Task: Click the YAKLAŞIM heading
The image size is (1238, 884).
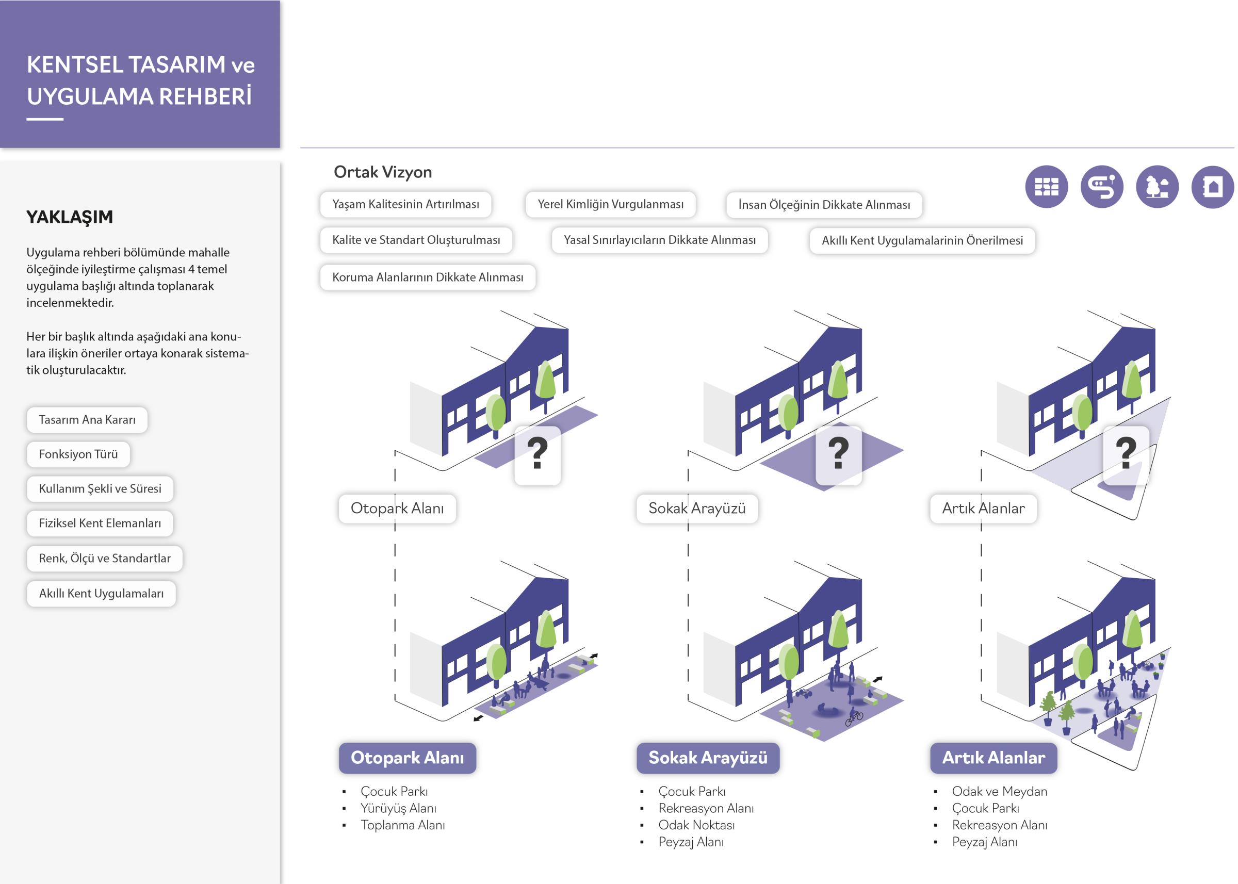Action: [x=70, y=217]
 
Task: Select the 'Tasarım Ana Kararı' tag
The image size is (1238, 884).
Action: [x=87, y=420]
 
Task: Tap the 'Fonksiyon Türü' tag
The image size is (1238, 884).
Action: [x=78, y=454]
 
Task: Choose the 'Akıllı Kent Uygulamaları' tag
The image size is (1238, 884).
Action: [x=101, y=593]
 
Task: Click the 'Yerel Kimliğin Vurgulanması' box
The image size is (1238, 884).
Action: [x=610, y=204]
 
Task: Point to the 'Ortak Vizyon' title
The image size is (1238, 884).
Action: [x=383, y=172]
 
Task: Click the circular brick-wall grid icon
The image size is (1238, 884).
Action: [x=1046, y=187]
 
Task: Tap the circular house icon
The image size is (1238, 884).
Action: [x=1212, y=187]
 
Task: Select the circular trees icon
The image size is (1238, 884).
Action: [x=1157, y=187]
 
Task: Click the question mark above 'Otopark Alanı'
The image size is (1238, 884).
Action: [x=537, y=453]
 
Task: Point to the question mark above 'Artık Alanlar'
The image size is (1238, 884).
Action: [x=1126, y=453]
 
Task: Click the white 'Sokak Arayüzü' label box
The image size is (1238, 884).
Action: [x=697, y=509]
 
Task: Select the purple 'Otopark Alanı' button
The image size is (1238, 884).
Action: [x=407, y=758]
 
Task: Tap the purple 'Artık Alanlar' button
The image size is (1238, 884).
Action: [x=993, y=758]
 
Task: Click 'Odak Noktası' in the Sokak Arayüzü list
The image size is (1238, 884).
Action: [x=696, y=825]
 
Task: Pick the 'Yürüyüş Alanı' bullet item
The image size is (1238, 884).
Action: [x=398, y=808]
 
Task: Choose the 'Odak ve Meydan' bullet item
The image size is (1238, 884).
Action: [x=999, y=792]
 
